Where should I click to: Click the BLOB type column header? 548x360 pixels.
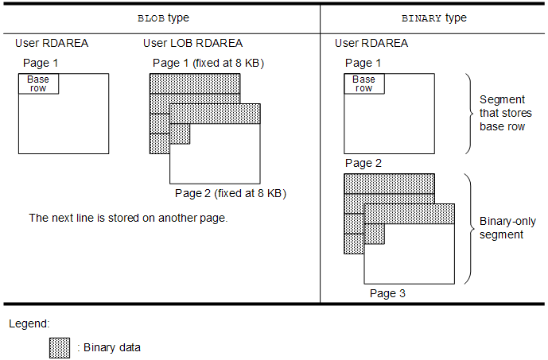(x=165, y=17)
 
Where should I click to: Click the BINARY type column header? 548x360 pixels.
(x=434, y=17)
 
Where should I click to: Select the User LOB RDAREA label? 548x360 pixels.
(x=193, y=43)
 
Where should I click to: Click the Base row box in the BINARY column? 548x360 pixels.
(x=363, y=83)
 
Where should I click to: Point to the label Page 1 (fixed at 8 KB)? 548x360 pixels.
(x=208, y=63)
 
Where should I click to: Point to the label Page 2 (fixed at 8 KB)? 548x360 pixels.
(x=231, y=193)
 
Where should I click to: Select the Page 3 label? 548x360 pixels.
(x=388, y=293)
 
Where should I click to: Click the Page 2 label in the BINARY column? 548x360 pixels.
(x=363, y=163)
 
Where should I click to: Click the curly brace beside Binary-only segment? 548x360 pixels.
(x=469, y=228)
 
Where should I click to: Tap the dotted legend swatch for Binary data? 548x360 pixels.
(x=60, y=347)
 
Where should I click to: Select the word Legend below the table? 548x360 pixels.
(x=29, y=324)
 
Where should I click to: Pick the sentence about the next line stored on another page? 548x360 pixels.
(x=128, y=218)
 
